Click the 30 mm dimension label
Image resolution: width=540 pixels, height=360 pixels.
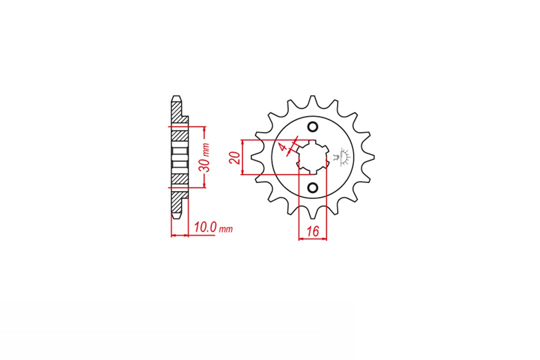pyautogui.click(x=205, y=157)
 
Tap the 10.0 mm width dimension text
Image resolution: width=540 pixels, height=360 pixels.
pyautogui.click(x=213, y=227)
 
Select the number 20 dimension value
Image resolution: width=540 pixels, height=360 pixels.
pyautogui.click(x=235, y=157)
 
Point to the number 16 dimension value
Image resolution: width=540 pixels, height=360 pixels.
pyautogui.click(x=312, y=231)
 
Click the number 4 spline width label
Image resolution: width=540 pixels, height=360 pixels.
pyautogui.click(x=282, y=148)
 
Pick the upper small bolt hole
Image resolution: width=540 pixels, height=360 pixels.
pyautogui.click(x=312, y=127)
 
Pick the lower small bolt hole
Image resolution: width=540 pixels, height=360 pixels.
pyautogui.click(x=312, y=188)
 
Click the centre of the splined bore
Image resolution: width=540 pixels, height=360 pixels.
pyautogui.click(x=312, y=157)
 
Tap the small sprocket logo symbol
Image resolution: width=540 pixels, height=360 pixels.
pyautogui.click(x=342, y=157)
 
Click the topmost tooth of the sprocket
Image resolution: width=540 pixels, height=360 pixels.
pyautogui.click(x=312, y=102)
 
